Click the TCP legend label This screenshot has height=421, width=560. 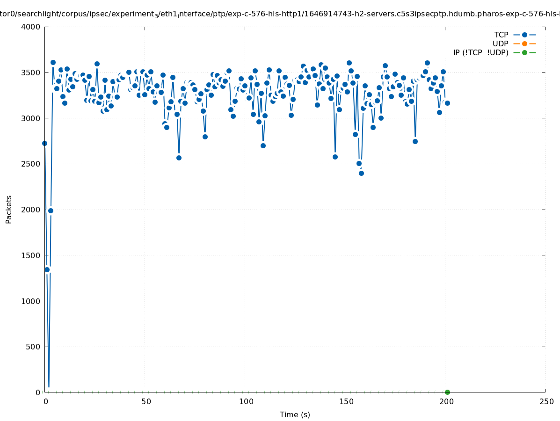(501, 35)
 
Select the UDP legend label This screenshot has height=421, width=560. (500, 44)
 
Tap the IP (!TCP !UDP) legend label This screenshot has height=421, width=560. (480, 52)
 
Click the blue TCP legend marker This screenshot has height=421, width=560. (524, 35)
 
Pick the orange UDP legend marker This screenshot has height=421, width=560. (524, 44)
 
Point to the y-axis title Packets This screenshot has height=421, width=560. (9, 209)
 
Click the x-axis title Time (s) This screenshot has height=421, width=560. (295, 414)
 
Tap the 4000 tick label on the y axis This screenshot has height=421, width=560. (31, 27)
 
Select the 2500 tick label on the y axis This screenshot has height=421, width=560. (31, 164)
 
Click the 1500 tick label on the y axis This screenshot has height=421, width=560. (31, 255)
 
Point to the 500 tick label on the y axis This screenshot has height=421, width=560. (33, 347)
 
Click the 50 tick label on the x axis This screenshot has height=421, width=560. (146, 401)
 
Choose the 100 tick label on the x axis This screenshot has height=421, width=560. (246, 401)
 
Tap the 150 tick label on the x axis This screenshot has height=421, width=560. (346, 401)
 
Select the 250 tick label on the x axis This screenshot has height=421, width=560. (545, 401)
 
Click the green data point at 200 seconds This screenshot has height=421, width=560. (447, 392)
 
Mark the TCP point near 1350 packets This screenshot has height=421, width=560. (47, 269)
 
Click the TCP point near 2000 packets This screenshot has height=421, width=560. (51, 210)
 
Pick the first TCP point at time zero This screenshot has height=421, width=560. (44, 143)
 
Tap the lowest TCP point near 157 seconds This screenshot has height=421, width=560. (361, 173)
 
